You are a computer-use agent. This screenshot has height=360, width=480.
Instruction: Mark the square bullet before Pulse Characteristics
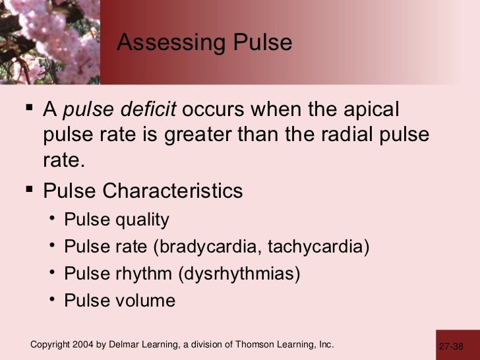[31, 191]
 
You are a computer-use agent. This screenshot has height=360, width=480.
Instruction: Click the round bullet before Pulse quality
[51, 220]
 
